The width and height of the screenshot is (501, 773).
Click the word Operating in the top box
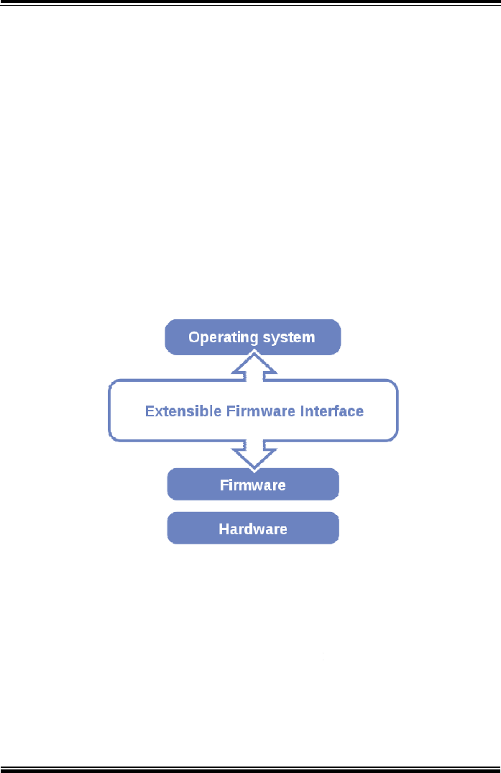pos(223,338)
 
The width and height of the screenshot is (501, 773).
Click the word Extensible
pos(183,411)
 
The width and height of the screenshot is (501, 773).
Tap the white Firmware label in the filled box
pos(253,485)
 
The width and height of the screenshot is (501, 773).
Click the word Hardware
pos(253,529)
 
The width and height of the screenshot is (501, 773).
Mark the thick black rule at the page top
pos(250,3)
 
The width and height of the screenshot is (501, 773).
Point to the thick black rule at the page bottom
pos(250,769)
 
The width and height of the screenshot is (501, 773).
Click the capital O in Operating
pos(193,337)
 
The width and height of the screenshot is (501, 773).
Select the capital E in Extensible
pos(149,411)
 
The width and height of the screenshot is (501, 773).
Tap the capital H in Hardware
pos(223,529)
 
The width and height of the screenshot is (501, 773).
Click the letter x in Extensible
pos(157,413)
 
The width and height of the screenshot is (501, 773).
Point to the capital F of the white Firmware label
pos(224,485)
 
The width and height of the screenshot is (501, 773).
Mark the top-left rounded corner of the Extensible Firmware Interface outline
pos(111,383)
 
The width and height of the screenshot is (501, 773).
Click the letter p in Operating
pos(204,339)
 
